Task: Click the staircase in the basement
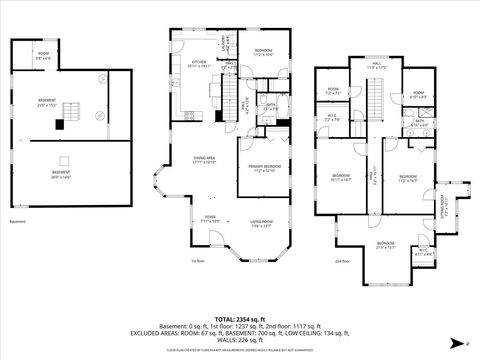(72, 109)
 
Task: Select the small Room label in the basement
(43, 56)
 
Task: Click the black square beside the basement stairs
(60, 124)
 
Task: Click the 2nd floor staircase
(377, 101)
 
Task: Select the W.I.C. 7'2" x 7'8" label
(333, 118)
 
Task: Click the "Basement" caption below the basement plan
(17, 221)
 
